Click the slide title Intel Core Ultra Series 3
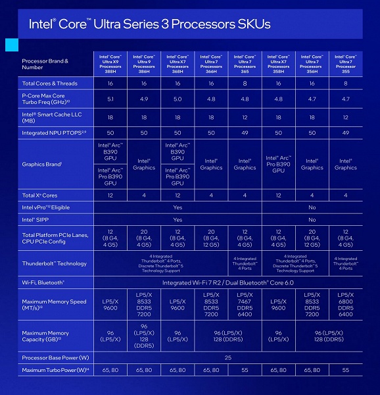point(149,24)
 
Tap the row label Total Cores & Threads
point(50,84)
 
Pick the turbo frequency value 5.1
point(110,99)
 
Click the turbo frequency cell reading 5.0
point(178,99)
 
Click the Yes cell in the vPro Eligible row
point(178,207)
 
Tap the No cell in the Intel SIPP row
point(312,220)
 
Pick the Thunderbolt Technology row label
point(54,263)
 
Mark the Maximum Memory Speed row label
point(54,305)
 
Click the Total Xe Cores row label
point(41,196)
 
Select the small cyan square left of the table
point(11,44)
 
